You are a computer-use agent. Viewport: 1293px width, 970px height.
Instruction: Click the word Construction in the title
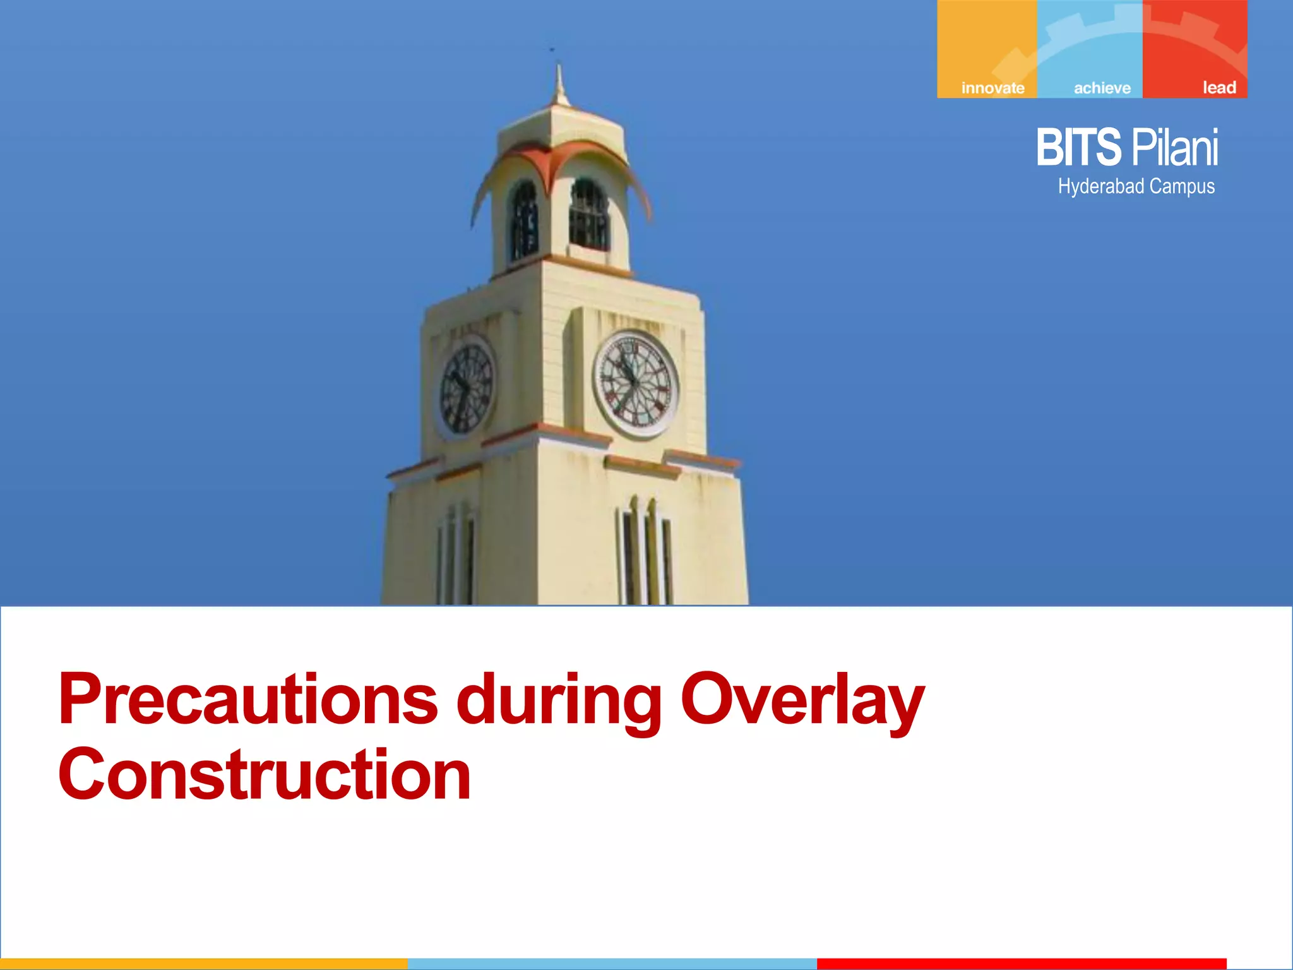coord(265,774)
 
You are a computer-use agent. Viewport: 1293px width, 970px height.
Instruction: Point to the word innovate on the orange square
coord(992,88)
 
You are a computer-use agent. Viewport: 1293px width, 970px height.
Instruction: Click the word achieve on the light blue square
coord(1102,88)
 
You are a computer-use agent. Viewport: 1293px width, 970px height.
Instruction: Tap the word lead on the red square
coord(1219,87)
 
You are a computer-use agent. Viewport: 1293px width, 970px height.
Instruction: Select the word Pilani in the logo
coord(1175,147)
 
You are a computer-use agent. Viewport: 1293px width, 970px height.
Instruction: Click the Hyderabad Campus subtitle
coord(1136,186)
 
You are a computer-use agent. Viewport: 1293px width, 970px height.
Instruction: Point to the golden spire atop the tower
coord(559,85)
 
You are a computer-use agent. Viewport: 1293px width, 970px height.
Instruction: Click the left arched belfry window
coord(523,221)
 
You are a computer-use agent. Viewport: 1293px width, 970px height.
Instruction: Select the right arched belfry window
coord(589,215)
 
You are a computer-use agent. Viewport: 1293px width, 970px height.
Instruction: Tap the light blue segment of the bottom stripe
coord(612,964)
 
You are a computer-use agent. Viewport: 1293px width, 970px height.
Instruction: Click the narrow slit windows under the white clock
coord(646,553)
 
